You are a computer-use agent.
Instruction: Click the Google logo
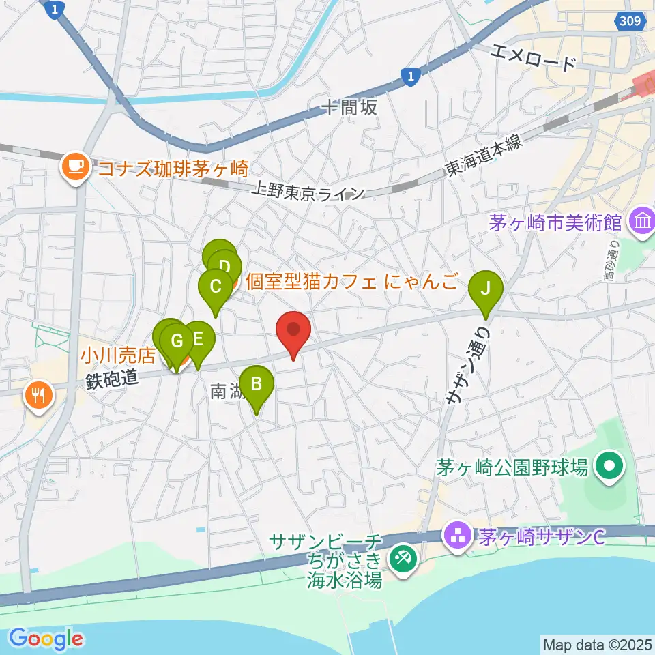point(46,639)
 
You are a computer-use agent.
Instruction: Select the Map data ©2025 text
point(597,643)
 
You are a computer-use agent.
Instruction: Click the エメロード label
point(534,57)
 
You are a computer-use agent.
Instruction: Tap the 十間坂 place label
point(349,107)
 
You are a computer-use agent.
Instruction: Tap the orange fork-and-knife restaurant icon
point(38,394)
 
